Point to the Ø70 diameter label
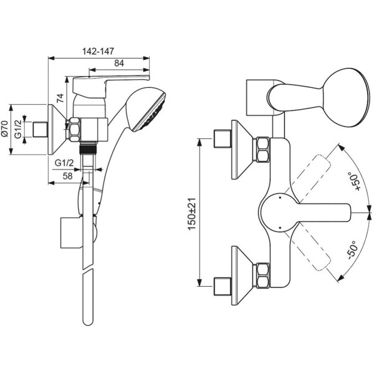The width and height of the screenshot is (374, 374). (5, 130)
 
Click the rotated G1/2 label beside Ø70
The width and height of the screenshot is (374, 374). (19, 130)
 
